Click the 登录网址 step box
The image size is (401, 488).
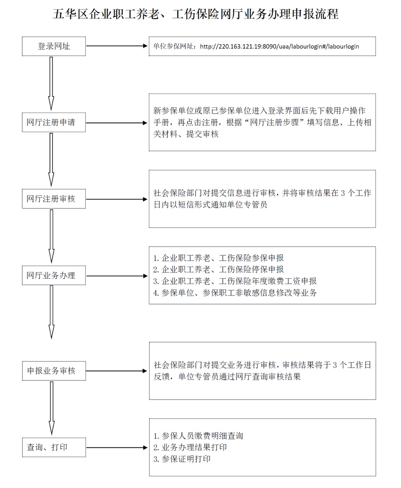[x=54, y=46]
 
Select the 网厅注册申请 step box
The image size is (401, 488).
[x=54, y=122]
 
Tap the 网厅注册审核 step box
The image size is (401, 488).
[x=54, y=199]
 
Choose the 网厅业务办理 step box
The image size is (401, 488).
[x=54, y=275]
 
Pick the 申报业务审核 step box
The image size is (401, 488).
[x=54, y=371]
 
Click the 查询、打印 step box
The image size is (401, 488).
[x=54, y=447]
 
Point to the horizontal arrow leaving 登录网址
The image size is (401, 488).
[x=117, y=46]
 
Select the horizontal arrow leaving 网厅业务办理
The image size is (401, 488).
[x=117, y=276]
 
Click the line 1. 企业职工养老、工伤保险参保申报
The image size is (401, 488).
[x=219, y=258]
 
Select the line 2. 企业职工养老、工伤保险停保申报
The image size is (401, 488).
[x=219, y=270]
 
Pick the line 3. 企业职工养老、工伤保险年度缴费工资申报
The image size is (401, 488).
[x=235, y=281]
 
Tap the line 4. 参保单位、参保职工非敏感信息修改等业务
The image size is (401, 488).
[x=235, y=293]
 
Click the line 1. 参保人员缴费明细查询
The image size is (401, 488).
[x=198, y=436]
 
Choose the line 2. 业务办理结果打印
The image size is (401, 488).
[x=190, y=448]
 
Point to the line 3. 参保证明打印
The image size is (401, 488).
[x=182, y=459]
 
